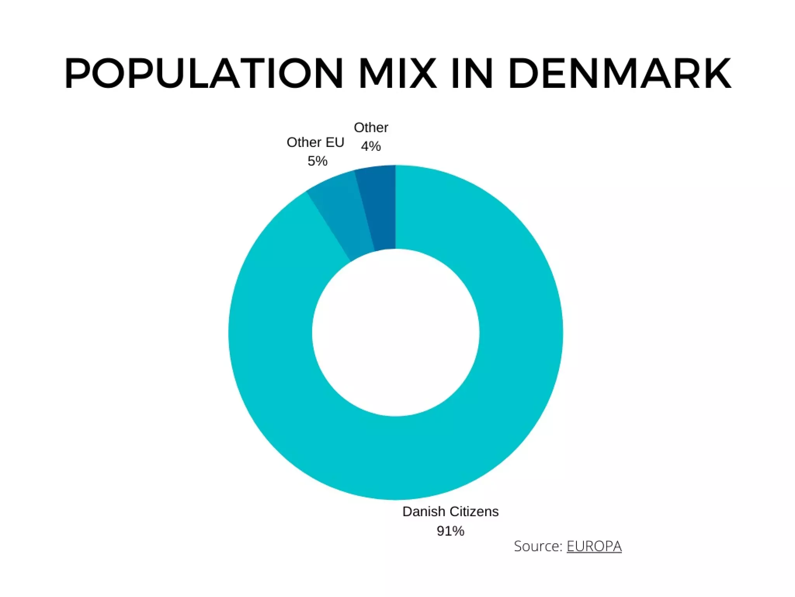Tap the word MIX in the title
[397, 73]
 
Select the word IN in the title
[472, 73]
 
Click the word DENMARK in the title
[620, 73]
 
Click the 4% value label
[371, 146]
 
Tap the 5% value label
[317, 161]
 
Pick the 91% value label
[450, 531]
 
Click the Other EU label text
[315, 142]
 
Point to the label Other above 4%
[371, 127]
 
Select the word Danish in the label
[424, 511]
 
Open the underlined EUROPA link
[594, 546]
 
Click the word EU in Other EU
[335, 142]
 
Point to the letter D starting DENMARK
[523, 73]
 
